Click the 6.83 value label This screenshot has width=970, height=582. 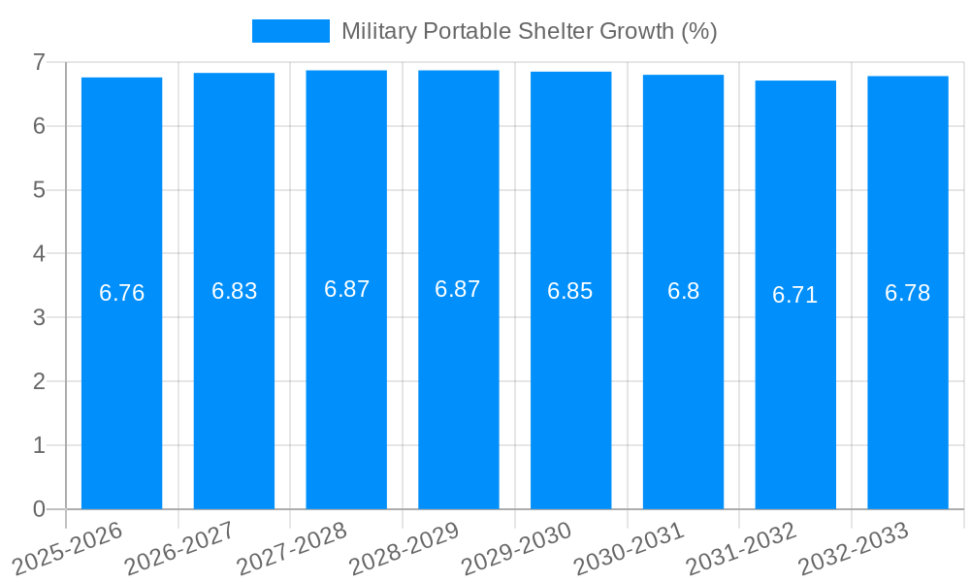[x=234, y=291]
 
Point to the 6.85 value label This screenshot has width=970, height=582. [x=570, y=291]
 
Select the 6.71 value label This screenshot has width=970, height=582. [x=795, y=295]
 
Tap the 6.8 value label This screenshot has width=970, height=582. [x=683, y=291]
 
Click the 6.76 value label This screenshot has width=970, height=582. [x=121, y=293]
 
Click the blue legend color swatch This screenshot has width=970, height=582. [x=290, y=31]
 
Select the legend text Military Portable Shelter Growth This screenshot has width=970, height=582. [x=529, y=31]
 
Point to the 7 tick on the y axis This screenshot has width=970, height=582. [x=39, y=62]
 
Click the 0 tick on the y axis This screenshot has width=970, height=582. [x=39, y=509]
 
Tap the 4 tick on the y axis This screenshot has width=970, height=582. [x=39, y=253]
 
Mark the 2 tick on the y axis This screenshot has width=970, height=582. [x=39, y=381]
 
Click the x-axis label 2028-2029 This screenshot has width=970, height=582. [x=405, y=548]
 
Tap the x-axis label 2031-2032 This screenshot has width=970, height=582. [x=742, y=548]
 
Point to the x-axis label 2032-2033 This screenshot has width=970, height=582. [x=855, y=548]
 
